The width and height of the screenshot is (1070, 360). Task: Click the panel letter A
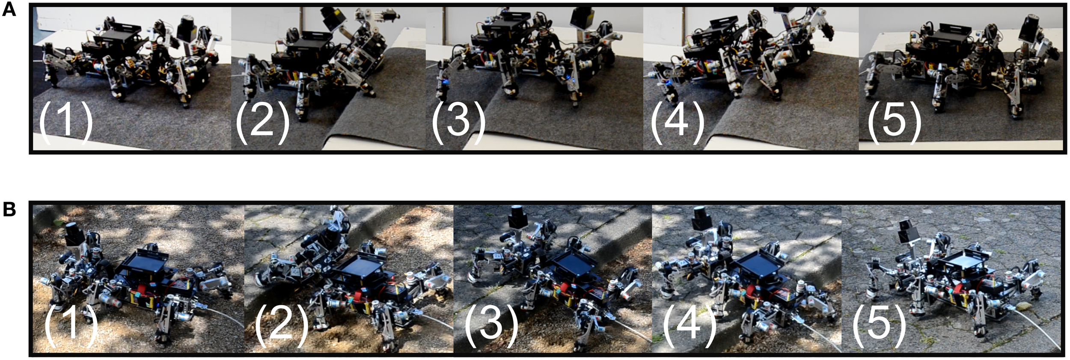coord(9,9)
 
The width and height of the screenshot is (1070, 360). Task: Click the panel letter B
coord(9,210)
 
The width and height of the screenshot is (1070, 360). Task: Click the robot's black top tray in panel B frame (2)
coord(357,269)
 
